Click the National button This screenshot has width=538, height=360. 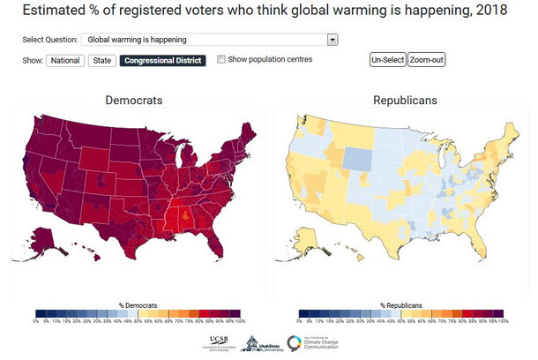click(65, 60)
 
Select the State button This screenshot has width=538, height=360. click(101, 60)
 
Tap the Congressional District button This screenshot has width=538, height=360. click(162, 60)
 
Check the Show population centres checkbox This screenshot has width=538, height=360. click(221, 59)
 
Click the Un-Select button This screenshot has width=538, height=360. click(387, 60)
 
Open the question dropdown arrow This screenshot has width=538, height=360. click(332, 40)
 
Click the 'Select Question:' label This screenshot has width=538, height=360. click(49, 40)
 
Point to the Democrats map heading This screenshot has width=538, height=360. click(134, 101)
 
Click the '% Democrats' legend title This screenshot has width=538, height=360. click(134, 304)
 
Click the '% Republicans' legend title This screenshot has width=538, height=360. click(399, 304)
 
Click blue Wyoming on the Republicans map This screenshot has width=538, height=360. click(356, 158)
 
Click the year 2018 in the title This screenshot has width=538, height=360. click(490, 11)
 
